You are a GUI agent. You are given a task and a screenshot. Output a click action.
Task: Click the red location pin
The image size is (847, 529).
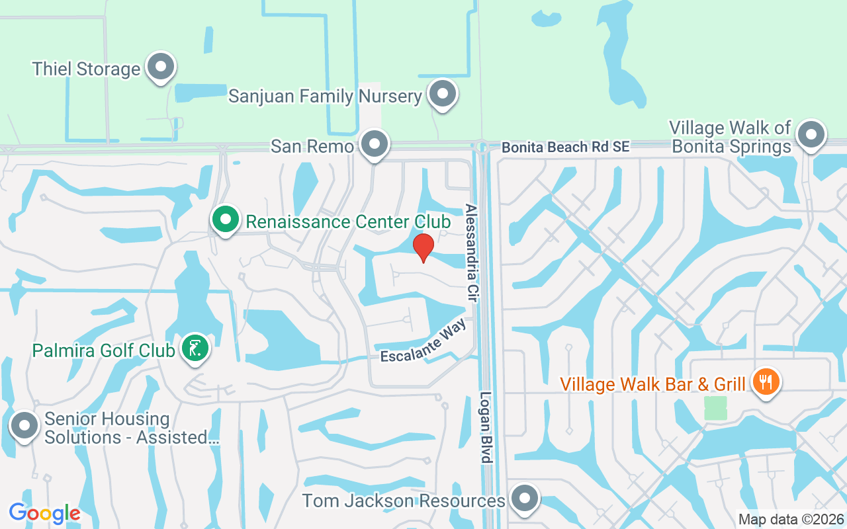(x=423, y=247)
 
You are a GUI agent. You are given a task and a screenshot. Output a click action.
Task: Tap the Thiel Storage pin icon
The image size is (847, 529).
(x=159, y=67)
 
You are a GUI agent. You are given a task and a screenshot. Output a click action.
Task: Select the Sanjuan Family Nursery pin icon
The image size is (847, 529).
(x=443, y=95)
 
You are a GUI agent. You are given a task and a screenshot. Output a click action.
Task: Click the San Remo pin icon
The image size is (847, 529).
(x=375, y=143)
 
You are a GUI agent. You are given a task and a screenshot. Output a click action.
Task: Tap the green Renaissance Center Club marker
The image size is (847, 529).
(x=226, y=219)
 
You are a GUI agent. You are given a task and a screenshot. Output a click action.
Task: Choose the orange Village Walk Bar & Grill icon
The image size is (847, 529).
(x=766, y=382)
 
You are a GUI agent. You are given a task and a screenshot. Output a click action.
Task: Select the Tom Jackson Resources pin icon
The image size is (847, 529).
(x=525, y=499)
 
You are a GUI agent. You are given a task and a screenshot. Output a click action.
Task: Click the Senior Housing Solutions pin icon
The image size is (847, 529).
(x=25, y=427)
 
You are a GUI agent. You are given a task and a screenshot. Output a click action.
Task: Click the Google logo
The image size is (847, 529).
(x=44, y=512)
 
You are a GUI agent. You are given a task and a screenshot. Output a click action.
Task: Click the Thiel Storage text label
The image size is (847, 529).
(x=86, y=69)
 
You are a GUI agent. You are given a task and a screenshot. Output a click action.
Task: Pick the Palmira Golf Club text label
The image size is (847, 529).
(x=103, y=350)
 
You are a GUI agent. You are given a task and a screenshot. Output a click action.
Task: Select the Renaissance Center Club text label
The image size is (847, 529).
(x=348, y=221)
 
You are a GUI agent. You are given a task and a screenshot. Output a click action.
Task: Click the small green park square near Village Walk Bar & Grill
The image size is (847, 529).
(x=715, y=407)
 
